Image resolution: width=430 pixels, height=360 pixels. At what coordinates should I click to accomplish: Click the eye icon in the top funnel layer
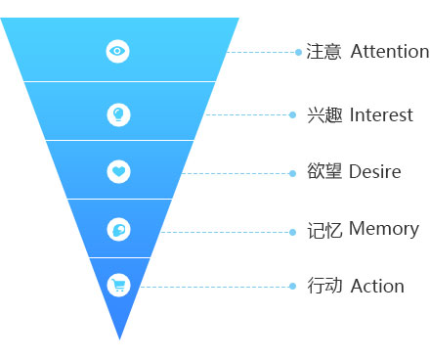click(117, 51)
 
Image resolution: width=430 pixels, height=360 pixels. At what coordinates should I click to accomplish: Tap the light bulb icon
click(118, 114)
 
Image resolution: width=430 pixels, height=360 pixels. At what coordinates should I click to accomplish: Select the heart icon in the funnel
click(118, 171)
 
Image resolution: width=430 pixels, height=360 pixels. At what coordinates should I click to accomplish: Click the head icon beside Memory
click(118, 230)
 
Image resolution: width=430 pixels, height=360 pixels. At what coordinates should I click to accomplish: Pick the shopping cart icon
click(118, 286)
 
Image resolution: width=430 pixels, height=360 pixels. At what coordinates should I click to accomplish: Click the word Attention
click(390, 51)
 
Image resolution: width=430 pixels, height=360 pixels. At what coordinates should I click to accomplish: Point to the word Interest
click(381, 114)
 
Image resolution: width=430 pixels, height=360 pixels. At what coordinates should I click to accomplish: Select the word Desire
click(375, 171)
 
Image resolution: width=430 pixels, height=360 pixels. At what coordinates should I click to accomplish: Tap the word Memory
click(384, 229)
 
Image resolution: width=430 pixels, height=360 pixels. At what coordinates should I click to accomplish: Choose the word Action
click(377, 286)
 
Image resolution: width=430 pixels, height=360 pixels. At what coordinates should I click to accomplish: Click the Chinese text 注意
click(323, 52)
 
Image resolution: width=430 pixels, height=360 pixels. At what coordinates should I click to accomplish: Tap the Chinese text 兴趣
click(324, 114)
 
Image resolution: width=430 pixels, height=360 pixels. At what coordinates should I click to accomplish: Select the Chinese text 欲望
click(324, 171)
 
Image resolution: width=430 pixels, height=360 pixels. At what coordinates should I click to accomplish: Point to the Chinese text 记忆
click(324, 230)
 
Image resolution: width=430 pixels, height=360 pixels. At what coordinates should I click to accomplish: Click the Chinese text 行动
click(324, 286)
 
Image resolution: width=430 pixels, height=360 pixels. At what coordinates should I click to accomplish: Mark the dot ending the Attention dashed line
click(298, 52)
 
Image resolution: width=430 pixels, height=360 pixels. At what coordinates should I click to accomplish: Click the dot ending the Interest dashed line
click(292, 114)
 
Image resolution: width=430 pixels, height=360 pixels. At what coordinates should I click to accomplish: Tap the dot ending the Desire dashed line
click(292, 173)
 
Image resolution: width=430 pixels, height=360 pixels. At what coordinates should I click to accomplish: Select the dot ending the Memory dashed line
click(292, 232)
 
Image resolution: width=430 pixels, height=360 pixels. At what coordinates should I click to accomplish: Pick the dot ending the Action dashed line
click(292, 287)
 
